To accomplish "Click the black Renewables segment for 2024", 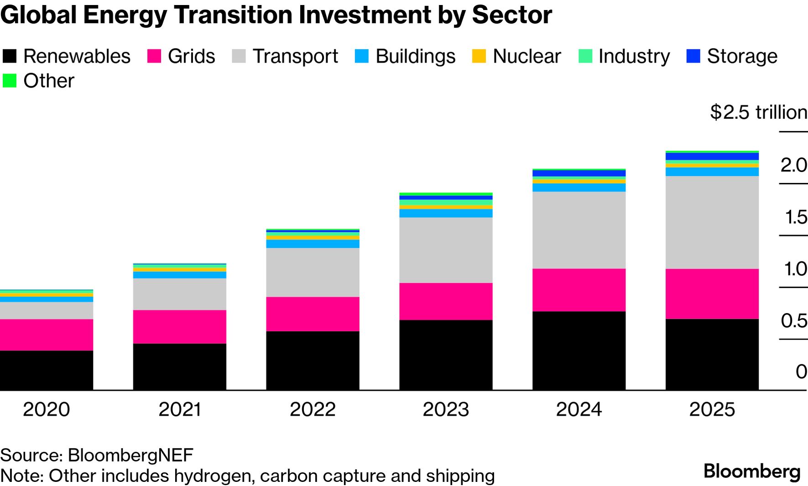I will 579,350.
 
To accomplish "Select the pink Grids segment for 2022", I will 313,314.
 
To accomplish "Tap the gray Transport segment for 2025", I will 712,222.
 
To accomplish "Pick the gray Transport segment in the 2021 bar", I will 179,294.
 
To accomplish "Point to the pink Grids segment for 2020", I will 46,334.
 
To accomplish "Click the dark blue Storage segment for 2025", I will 712,157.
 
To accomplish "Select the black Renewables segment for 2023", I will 446,355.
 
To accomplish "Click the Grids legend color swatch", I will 154,56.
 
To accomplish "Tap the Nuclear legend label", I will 527,56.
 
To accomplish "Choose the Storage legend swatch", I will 693,56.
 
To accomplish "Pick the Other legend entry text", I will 48,81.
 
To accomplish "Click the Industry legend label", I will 634,56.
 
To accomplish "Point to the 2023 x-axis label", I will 446,409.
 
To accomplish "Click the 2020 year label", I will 46,409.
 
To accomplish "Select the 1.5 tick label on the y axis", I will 795,217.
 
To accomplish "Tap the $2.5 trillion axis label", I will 758,112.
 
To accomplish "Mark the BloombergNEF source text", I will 130,455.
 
